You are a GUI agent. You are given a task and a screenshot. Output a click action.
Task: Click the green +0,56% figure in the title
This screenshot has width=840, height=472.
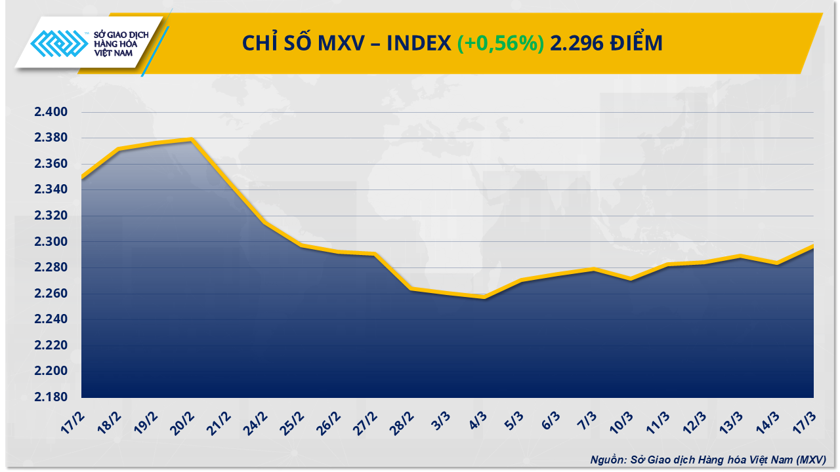(x=500, y=43)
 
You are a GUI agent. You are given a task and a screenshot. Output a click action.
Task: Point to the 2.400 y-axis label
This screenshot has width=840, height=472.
(x=51, y=113)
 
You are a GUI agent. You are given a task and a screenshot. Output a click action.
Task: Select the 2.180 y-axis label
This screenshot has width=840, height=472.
(x=51, y=397)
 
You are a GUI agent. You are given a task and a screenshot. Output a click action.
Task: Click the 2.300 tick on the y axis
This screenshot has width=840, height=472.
(x=51, y=242)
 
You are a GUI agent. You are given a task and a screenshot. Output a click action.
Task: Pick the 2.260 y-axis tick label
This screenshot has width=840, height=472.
(x=51, y=294)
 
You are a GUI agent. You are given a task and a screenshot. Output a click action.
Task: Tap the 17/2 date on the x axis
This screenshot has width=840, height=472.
(x=75, y=420)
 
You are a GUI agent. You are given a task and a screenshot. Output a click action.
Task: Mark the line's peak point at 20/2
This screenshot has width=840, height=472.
(x=191, y=139)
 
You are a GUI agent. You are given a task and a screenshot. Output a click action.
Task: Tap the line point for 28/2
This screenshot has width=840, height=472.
(x=411, y=288)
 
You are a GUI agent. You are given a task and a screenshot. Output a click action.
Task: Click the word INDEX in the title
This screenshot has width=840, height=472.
(x=418, y=43)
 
